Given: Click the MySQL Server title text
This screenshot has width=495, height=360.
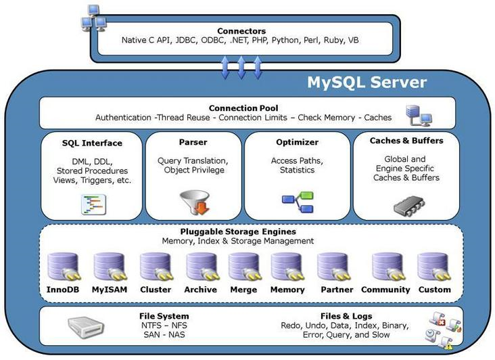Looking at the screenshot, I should pos(367,83).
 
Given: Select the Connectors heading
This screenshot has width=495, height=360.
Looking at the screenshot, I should pos(241,31).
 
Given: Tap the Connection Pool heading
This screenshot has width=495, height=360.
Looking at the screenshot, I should pos(243,108).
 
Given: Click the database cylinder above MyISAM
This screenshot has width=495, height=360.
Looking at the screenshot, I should pos(108,267).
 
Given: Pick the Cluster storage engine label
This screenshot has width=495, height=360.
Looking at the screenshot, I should pos(156,290).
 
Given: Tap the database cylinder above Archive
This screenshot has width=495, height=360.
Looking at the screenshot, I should pos(201,267).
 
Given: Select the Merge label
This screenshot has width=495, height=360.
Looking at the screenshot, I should pos(244,290).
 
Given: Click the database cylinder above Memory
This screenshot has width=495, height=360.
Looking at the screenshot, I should pos(287,267).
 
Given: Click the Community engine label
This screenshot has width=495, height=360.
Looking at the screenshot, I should pos(386,290).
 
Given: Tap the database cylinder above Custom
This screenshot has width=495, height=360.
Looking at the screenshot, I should pos(433,267).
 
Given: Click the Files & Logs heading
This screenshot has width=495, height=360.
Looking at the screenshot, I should pos(335,316).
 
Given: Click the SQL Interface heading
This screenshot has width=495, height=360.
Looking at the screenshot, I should pos(92,143).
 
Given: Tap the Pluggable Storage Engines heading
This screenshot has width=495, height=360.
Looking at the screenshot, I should pos(237,231).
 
